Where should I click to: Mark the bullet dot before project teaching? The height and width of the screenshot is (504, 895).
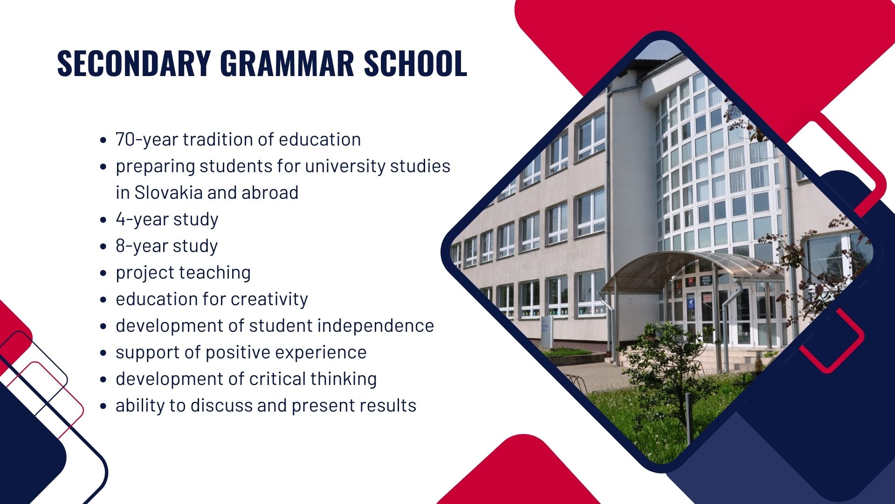click(103, 273)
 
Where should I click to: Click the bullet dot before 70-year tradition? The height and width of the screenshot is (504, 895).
click(103, 140)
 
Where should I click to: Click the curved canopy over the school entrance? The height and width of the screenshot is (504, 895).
click(685, 266)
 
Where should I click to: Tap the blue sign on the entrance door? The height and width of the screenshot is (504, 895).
click(690, 304)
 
